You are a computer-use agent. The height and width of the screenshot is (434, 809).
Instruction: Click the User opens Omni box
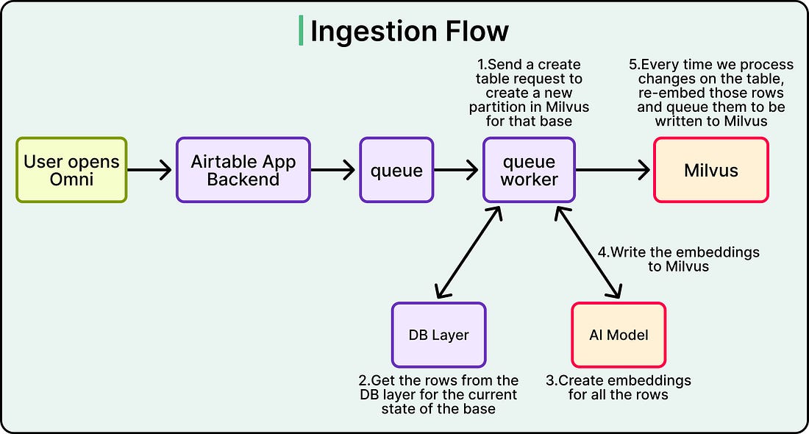pyautogui.click(x=71, y=170)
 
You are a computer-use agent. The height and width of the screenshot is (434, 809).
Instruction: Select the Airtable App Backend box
pyautogui.click(x=243, y=170)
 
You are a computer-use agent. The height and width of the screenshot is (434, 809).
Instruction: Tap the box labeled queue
pyautogui.click(x=396, y=170)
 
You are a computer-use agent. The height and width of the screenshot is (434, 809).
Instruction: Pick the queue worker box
pyautogui.click(x=529, y=170)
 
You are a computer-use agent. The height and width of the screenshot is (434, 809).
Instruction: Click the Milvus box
pyautogui.click(x=711, y=170)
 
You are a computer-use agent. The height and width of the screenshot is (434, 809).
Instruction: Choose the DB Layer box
pyautogui.click(x=438, y=335)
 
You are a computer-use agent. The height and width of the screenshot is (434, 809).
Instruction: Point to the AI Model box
pyautogui.click(x=619, y=335)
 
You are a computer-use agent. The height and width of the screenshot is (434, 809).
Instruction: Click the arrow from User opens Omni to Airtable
pyautogui.click(x=149, y=170)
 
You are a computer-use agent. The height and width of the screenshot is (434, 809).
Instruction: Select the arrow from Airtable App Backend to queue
pyautogui.click(x=333, y=170)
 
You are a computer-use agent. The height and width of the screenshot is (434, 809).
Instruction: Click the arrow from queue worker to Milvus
pyautogui.click(x=613, y=170)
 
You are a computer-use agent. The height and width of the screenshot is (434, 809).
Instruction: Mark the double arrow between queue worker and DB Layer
pyautogui.click(x=469, y=252)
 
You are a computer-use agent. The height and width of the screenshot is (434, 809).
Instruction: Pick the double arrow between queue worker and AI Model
pyautogui.click(x=588, y=252)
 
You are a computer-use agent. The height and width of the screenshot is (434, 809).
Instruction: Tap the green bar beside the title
pyautogui.click(x=301, y=30)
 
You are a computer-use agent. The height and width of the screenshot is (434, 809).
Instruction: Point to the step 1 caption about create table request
pyautogui.click(x=529, y=93)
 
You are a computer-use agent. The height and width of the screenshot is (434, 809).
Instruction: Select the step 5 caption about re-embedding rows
pyautogui.click(x=711, y=93)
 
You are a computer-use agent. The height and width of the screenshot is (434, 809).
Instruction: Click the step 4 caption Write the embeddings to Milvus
pyautogui.click(x=679, y=259)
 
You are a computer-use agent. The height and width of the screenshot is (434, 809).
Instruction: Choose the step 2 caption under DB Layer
pyautogui.click(x=438, y=395)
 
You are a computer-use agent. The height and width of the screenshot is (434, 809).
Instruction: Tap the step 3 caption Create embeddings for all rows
pyautogui.click(x=618, y=388)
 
